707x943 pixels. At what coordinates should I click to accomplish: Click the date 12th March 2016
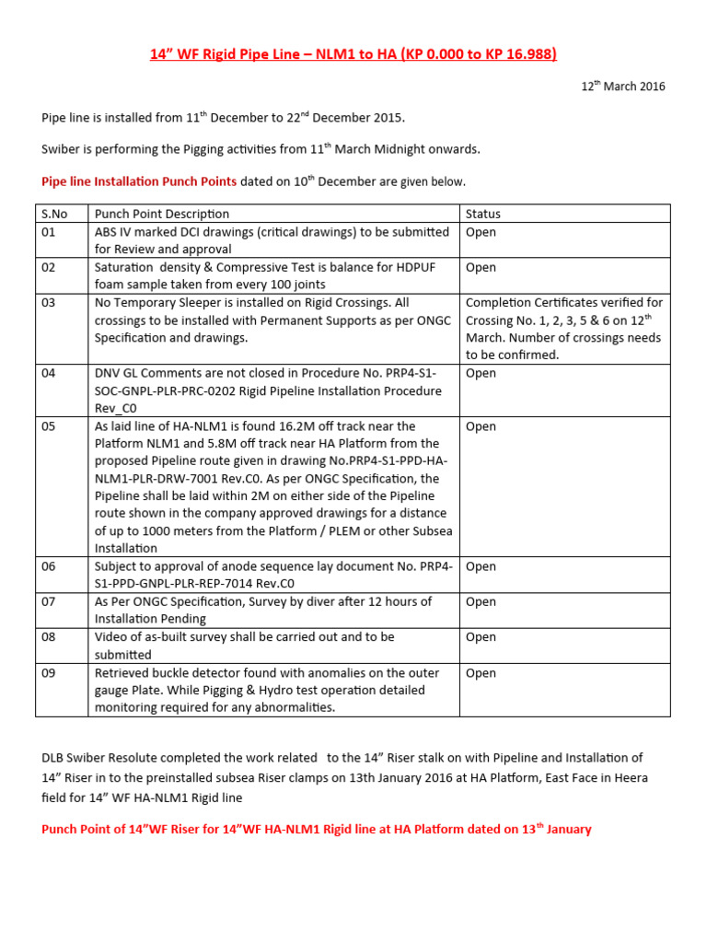622,87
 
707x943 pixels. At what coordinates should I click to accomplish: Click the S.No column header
54,214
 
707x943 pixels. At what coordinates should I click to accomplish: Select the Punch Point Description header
162,214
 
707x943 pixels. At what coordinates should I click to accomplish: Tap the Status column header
482,214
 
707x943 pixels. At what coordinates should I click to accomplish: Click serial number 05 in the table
48,426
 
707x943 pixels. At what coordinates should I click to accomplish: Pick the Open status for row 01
481,232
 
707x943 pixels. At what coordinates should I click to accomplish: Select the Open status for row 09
481,673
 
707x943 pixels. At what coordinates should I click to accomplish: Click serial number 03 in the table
48,303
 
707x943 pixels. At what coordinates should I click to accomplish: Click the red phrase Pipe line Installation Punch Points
139,181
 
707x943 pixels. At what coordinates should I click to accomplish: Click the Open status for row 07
481,601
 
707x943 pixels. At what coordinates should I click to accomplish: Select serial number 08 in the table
48,637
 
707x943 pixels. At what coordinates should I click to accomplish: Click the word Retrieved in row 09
123,673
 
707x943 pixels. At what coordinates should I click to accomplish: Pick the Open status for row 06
481,566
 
